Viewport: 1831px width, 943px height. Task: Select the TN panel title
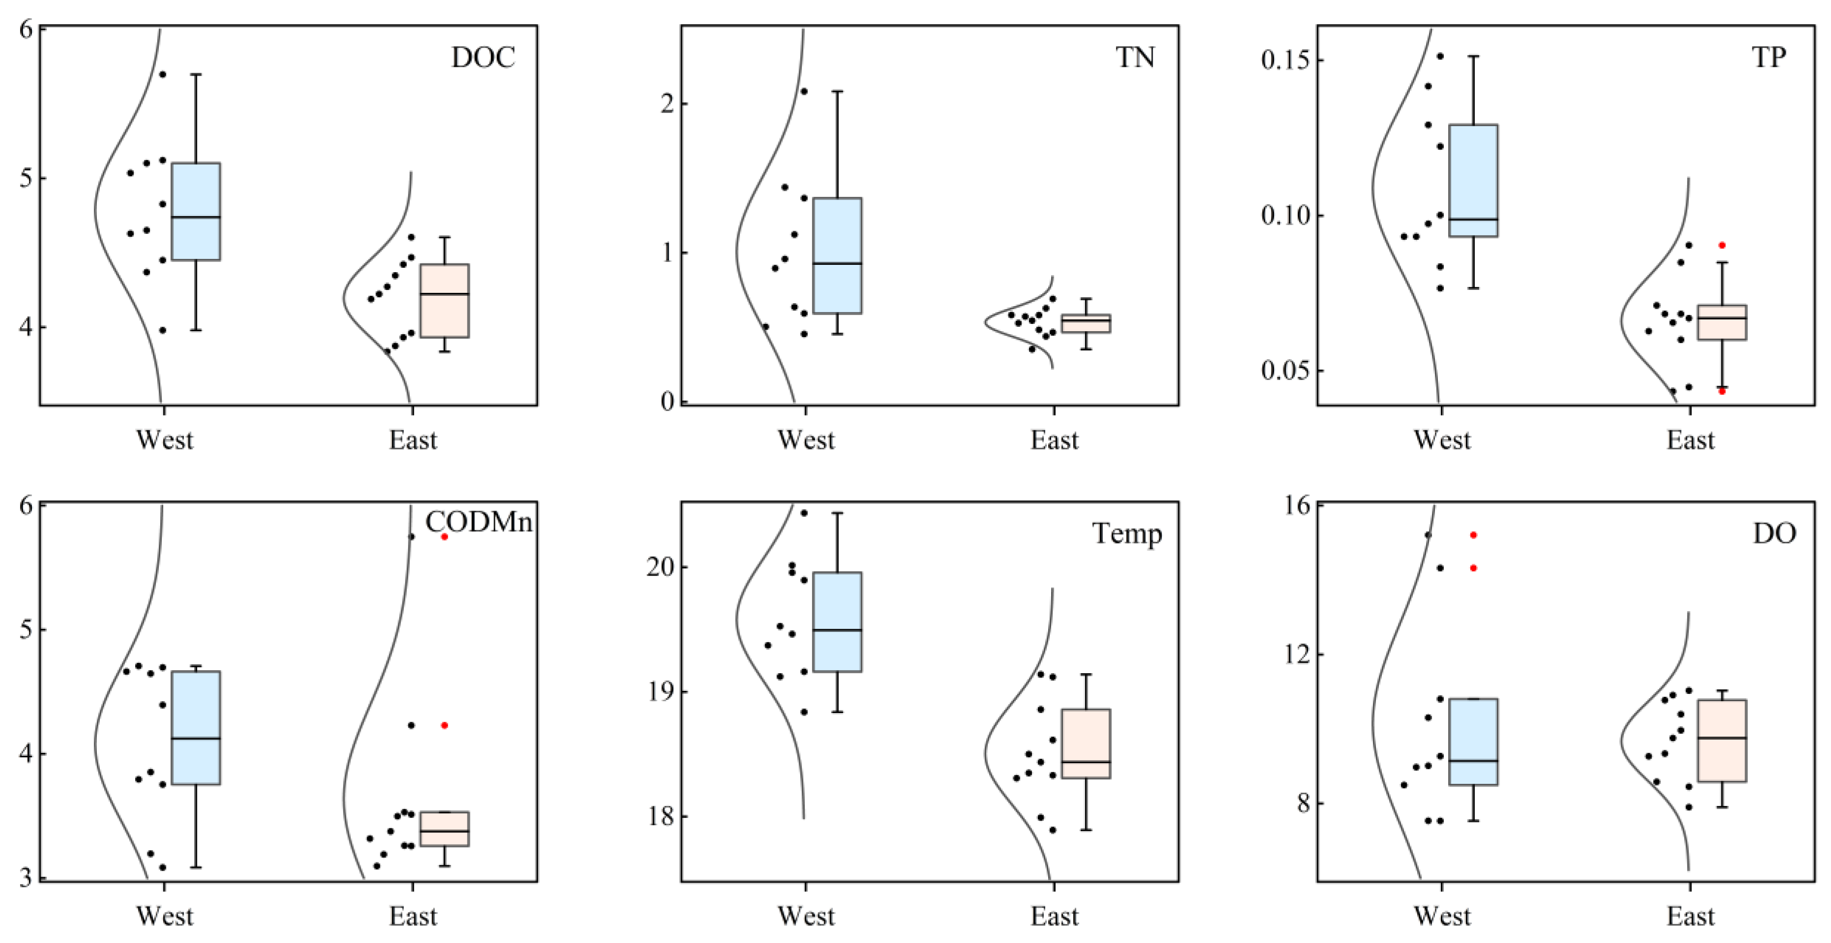1135,57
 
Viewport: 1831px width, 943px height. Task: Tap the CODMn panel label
478,522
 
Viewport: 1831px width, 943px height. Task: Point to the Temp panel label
1127,533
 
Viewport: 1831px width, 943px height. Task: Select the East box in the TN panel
1086,323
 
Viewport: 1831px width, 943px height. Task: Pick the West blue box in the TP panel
1473,180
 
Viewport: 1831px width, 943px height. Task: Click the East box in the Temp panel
1086,743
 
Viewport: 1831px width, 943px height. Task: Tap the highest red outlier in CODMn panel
444,537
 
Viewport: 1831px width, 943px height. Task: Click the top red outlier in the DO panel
1473,534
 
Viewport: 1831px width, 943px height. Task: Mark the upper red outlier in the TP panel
1721,245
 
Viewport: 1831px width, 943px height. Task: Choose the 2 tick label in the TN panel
665,104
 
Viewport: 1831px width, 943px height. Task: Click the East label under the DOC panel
412,440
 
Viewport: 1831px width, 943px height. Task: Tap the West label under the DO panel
1441,916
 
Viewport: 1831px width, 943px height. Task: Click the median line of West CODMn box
196,739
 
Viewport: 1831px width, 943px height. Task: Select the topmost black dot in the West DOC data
162,74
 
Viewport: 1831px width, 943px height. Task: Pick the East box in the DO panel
1721,741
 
